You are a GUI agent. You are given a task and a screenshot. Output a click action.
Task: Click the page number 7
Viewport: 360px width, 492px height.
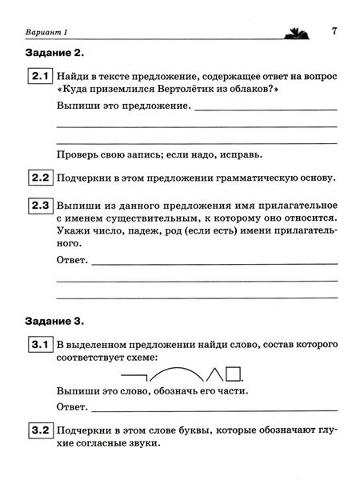click(x=336, y=31)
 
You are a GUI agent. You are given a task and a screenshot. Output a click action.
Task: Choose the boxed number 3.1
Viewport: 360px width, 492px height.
click(x=40, y=346)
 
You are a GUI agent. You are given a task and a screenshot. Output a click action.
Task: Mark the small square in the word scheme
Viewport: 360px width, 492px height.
click(x=234, y=371)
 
